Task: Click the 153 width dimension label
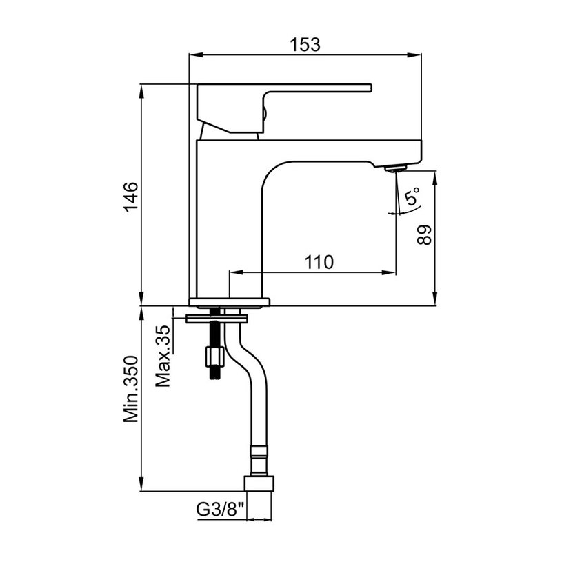pos(305,45)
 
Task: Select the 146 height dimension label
pos(131,197)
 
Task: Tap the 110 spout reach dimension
pos(319,262)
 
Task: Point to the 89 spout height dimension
pos(425,235)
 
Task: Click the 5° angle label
pos(412,196)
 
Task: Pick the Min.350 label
pos(131,389)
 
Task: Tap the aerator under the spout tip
pos(395,168)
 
